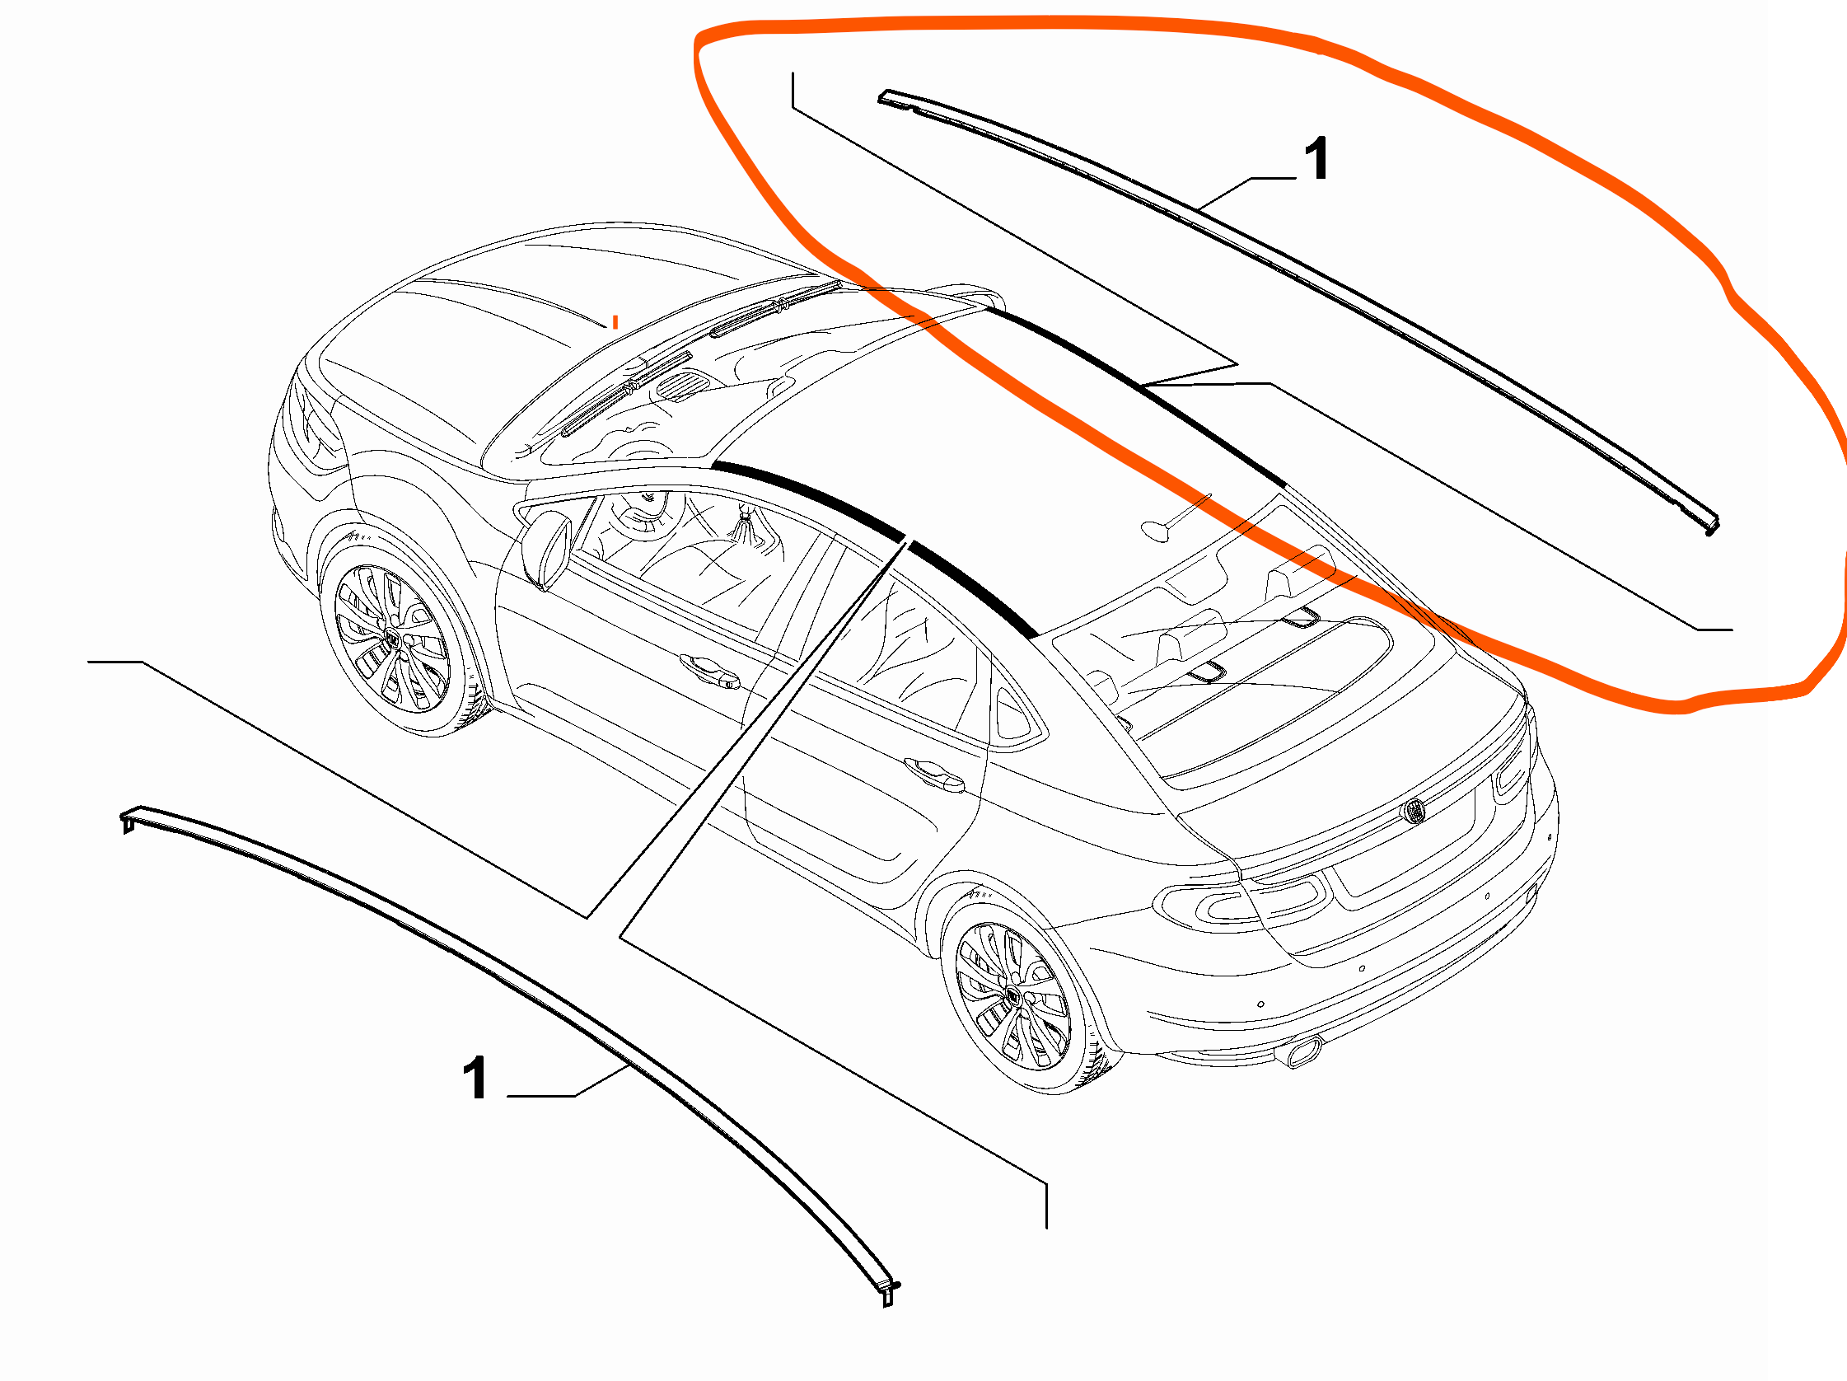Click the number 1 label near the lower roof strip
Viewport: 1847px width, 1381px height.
pos(475,1078)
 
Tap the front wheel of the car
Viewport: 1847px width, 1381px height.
pos(392,639)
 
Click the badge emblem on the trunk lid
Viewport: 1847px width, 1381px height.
pos(1414,811)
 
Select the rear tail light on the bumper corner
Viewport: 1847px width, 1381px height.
pos(1244,905)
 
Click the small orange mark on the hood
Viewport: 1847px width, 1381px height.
pos(615,321)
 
